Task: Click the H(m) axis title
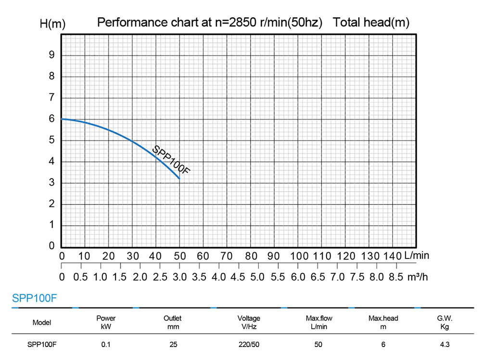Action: click(52, 23)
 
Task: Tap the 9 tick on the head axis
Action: click(51, 55)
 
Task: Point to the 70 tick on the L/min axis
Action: click(227, 256)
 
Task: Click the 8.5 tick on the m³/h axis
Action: click(395, 277)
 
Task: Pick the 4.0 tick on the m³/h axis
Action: click(218, 277)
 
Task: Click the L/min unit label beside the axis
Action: click(417, 256)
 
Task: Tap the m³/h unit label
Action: click(418, 277)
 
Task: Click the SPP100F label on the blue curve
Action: click(171, 160)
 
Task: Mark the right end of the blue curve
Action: click(179, 179)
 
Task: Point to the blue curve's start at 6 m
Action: click(62, 119)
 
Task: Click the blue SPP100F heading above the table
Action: click(35, 298)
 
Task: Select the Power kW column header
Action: click(106, 322)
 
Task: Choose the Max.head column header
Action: click(383, 322)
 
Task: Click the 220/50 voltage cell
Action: click(249, 344)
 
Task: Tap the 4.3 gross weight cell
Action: click(445, 344)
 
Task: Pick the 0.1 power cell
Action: click(106, 344)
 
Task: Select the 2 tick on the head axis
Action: click(51, 205)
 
